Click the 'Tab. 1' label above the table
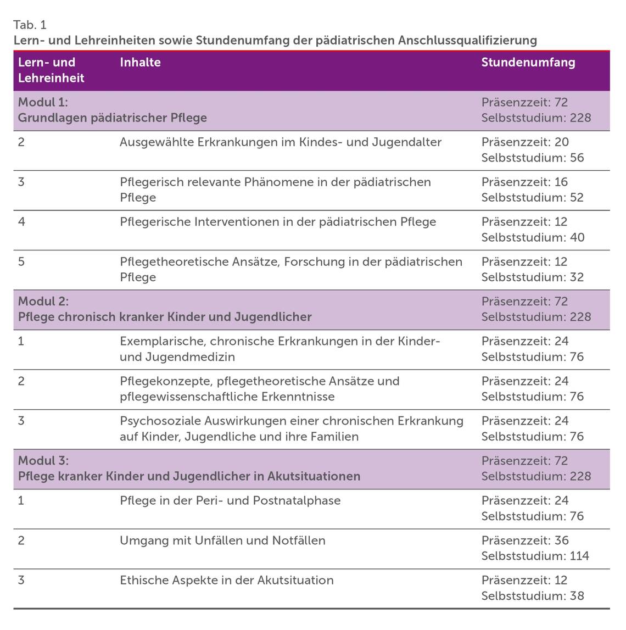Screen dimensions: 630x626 (30, 25)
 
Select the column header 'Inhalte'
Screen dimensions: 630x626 (140, 63)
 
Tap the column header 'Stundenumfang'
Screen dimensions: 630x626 (528, 63)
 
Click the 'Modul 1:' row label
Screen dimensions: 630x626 (43, 102)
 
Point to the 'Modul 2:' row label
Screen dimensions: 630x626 (43, 301)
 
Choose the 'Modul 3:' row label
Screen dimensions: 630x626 (43, 460)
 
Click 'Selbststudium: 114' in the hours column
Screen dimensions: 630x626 (535, 556)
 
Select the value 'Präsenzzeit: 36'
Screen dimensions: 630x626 (525, 540)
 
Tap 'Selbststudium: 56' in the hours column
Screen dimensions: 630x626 (532, 158)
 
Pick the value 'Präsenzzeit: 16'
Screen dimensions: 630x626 (524, 182)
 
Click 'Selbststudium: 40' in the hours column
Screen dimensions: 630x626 (533, 237)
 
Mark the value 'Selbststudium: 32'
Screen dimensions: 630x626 (532, 277)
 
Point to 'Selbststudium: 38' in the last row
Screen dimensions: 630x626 (532, 596)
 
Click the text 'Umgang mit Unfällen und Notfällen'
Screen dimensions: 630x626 (222, 540)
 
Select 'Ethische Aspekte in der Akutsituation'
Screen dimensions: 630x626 (226, 581)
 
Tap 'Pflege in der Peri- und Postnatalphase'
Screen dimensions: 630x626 (230, 500)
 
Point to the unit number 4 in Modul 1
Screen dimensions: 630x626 (21, 222)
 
